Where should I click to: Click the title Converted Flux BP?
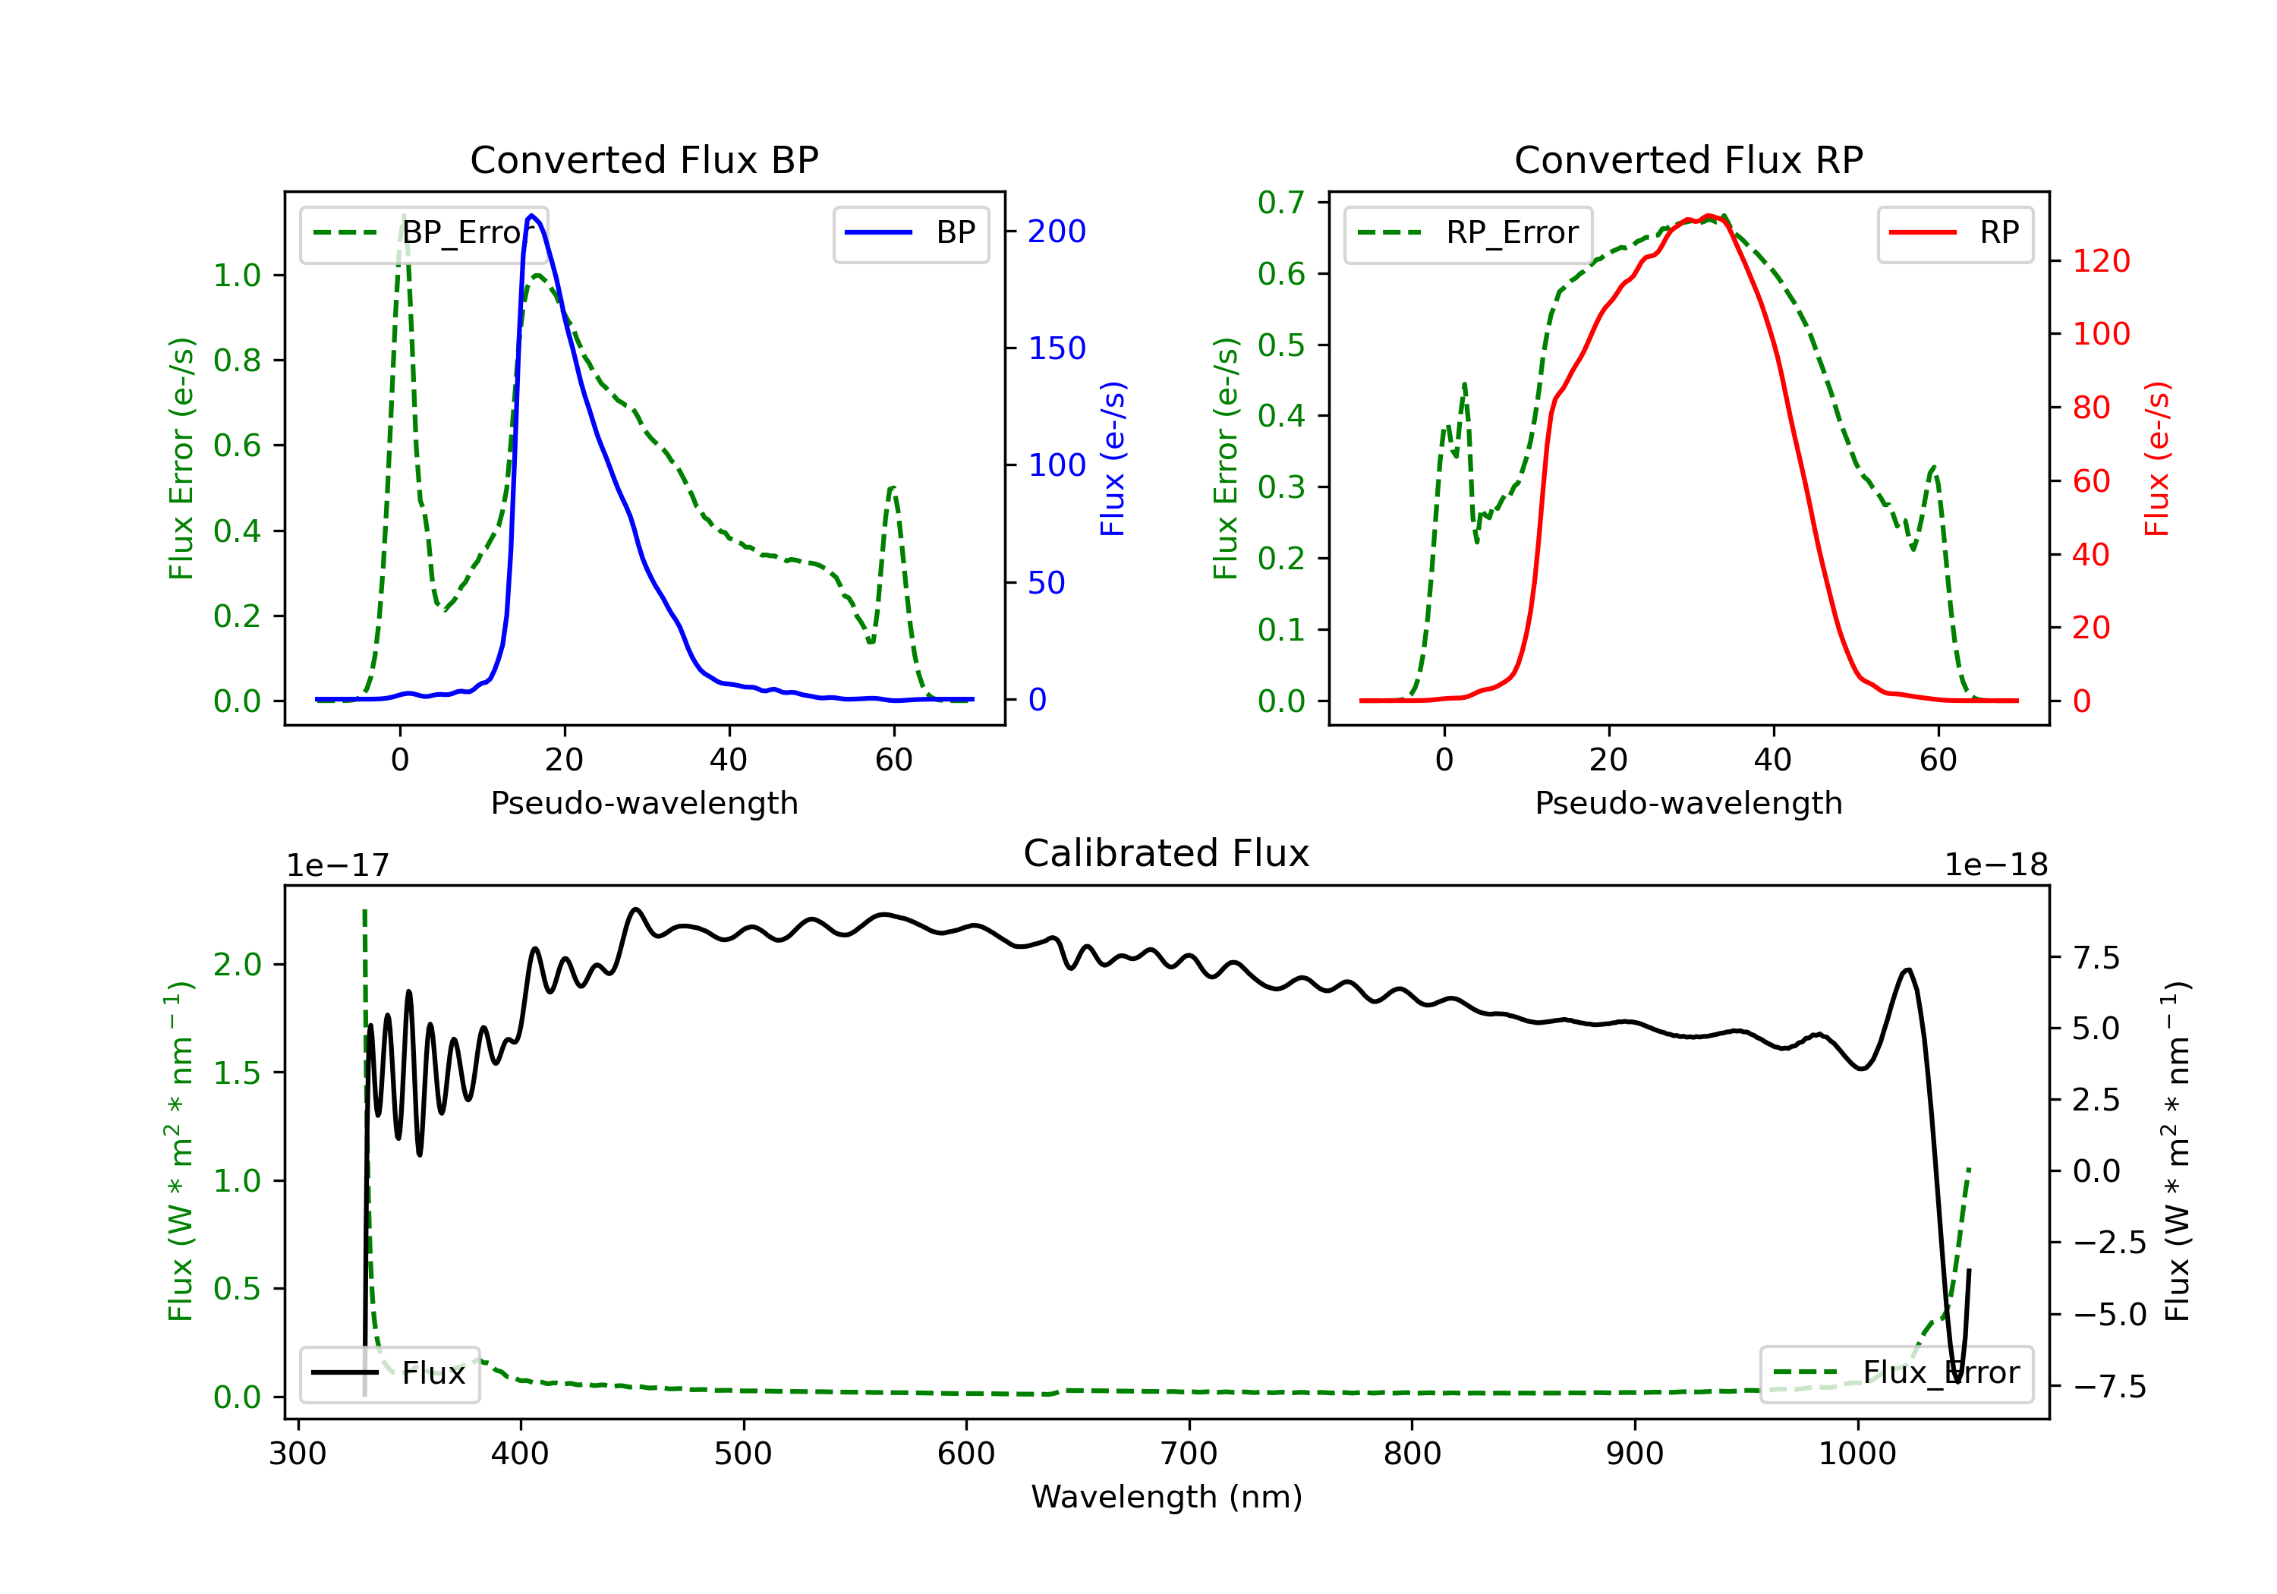(x=644, y=159)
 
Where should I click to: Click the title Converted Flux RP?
(x=1688, y=159)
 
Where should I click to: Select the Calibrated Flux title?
(x=1167, y=853)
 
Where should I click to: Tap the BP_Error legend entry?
(x=424, y=233)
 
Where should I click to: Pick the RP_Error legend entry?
(x=1469, y=233)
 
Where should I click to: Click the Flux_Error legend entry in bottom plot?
(x=1896, y=1373)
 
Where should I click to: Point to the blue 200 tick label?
(x=1057, y=231)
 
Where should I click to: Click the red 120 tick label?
(x=2100, y=261)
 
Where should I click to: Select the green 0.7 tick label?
(x=1281, y=203)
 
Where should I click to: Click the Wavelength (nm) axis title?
(x=1167, y=1497)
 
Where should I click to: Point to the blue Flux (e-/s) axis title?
(x=1113, y=459)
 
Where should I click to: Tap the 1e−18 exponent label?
(x=1995, y=865)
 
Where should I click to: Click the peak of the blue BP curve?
(x=531, y=216)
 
